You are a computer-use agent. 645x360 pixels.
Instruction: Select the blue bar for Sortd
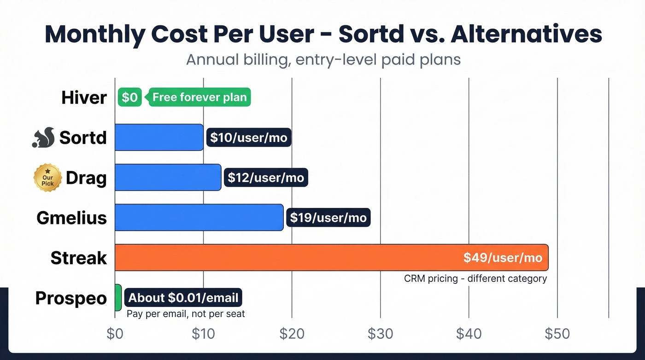point(159,137)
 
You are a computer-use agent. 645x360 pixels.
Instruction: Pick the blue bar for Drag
point(168,177)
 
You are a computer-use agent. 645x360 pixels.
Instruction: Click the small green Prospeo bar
point(118,297)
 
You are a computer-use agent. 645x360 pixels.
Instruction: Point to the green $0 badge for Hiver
point(129,97)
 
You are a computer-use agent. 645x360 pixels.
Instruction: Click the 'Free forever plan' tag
point(199,97)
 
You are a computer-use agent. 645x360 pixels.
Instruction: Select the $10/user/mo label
point(249,137)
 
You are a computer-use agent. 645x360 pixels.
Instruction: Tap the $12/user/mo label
point(266,177)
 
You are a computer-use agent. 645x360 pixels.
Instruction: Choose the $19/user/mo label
point(328,217)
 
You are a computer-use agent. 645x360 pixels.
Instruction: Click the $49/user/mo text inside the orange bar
point(503,257)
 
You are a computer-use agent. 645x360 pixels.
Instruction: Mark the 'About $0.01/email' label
point(183,298)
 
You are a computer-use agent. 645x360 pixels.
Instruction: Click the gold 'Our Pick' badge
point(47,177)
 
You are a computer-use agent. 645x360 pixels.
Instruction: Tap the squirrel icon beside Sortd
point(43,137)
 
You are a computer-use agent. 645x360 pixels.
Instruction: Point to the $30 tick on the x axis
point(380,334)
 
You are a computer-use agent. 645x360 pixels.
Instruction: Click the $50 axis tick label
point(557,334)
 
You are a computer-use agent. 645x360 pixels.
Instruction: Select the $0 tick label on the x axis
point(115,334)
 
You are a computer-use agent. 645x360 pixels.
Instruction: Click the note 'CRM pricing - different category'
point(475,278)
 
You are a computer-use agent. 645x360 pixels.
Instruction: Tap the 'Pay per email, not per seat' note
point(186,314)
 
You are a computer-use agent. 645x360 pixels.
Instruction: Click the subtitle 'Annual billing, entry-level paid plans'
point(323,59)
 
